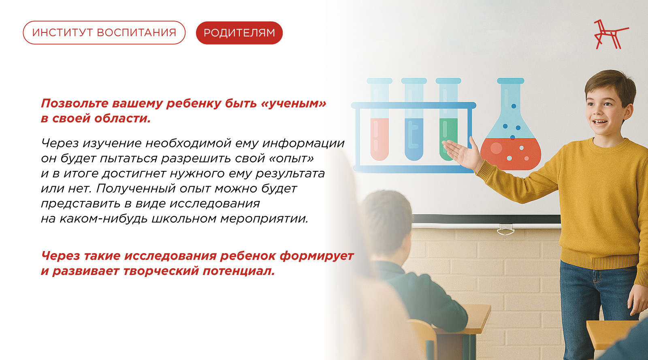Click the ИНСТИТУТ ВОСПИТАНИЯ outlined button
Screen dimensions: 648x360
(104, 33)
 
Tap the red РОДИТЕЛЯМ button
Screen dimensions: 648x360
(239, 33)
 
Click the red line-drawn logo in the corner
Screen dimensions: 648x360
(611, 34)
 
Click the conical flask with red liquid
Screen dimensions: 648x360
(511, 124)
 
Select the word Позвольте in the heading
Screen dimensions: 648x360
(75, 104)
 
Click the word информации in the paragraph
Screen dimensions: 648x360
(303, 143)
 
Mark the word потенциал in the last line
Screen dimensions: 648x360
(239, 271)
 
